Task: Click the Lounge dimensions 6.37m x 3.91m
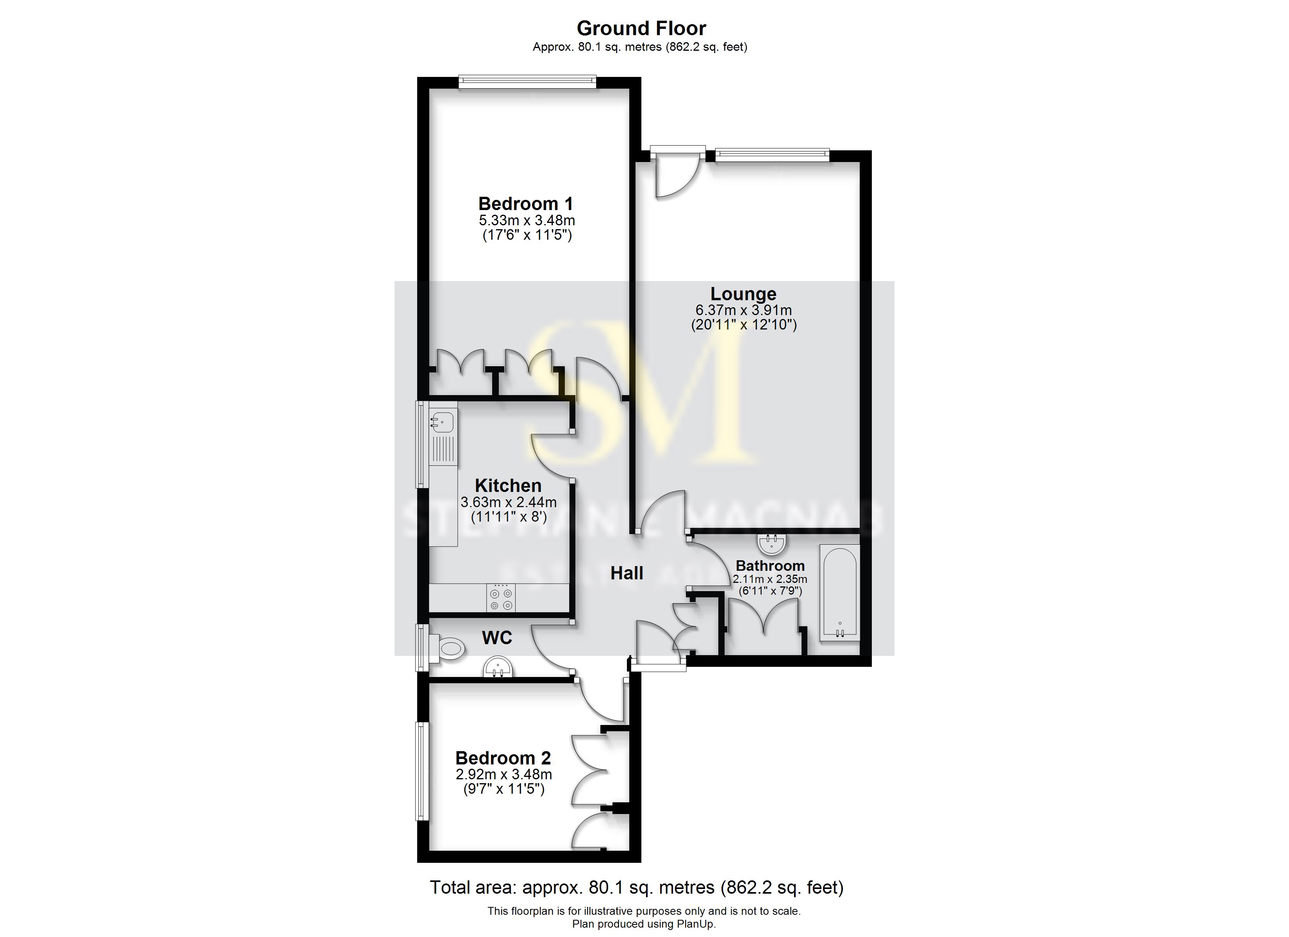point(743,310)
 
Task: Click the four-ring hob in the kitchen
point(501,598)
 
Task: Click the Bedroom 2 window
point(421,771)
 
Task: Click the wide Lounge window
point(772,154)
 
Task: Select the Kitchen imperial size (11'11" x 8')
point(508,517)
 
